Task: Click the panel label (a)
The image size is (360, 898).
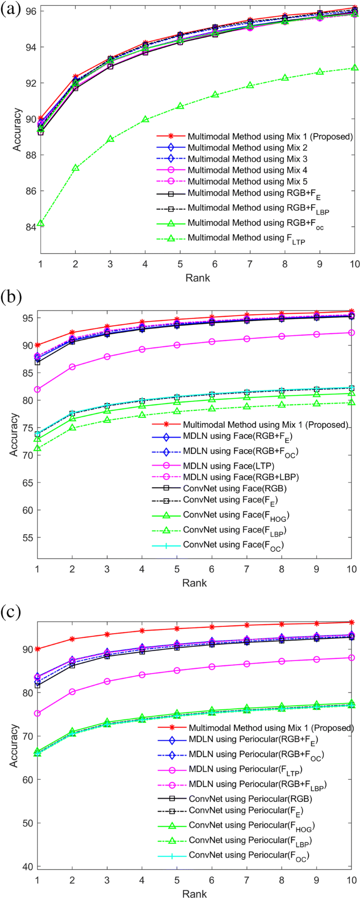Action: coord(11,9)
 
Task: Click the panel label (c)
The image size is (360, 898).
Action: coord(11,612)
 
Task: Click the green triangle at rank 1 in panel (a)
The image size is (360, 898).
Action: coord(40,223)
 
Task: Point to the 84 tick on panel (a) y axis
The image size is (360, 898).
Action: coord(30,227)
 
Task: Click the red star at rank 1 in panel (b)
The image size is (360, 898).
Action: coord(37,345)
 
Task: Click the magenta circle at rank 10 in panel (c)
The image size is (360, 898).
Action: coord(352,657)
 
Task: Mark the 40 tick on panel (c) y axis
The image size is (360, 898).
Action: coord(27,866)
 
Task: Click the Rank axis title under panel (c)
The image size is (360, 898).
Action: coord(194,893)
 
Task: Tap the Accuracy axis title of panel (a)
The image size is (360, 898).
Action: coord(18,129)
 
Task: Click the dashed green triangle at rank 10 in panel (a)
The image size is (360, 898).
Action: coord(355,68)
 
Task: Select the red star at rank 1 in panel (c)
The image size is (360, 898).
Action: coord(37,649)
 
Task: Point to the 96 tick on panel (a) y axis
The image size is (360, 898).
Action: coord(30,11)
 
